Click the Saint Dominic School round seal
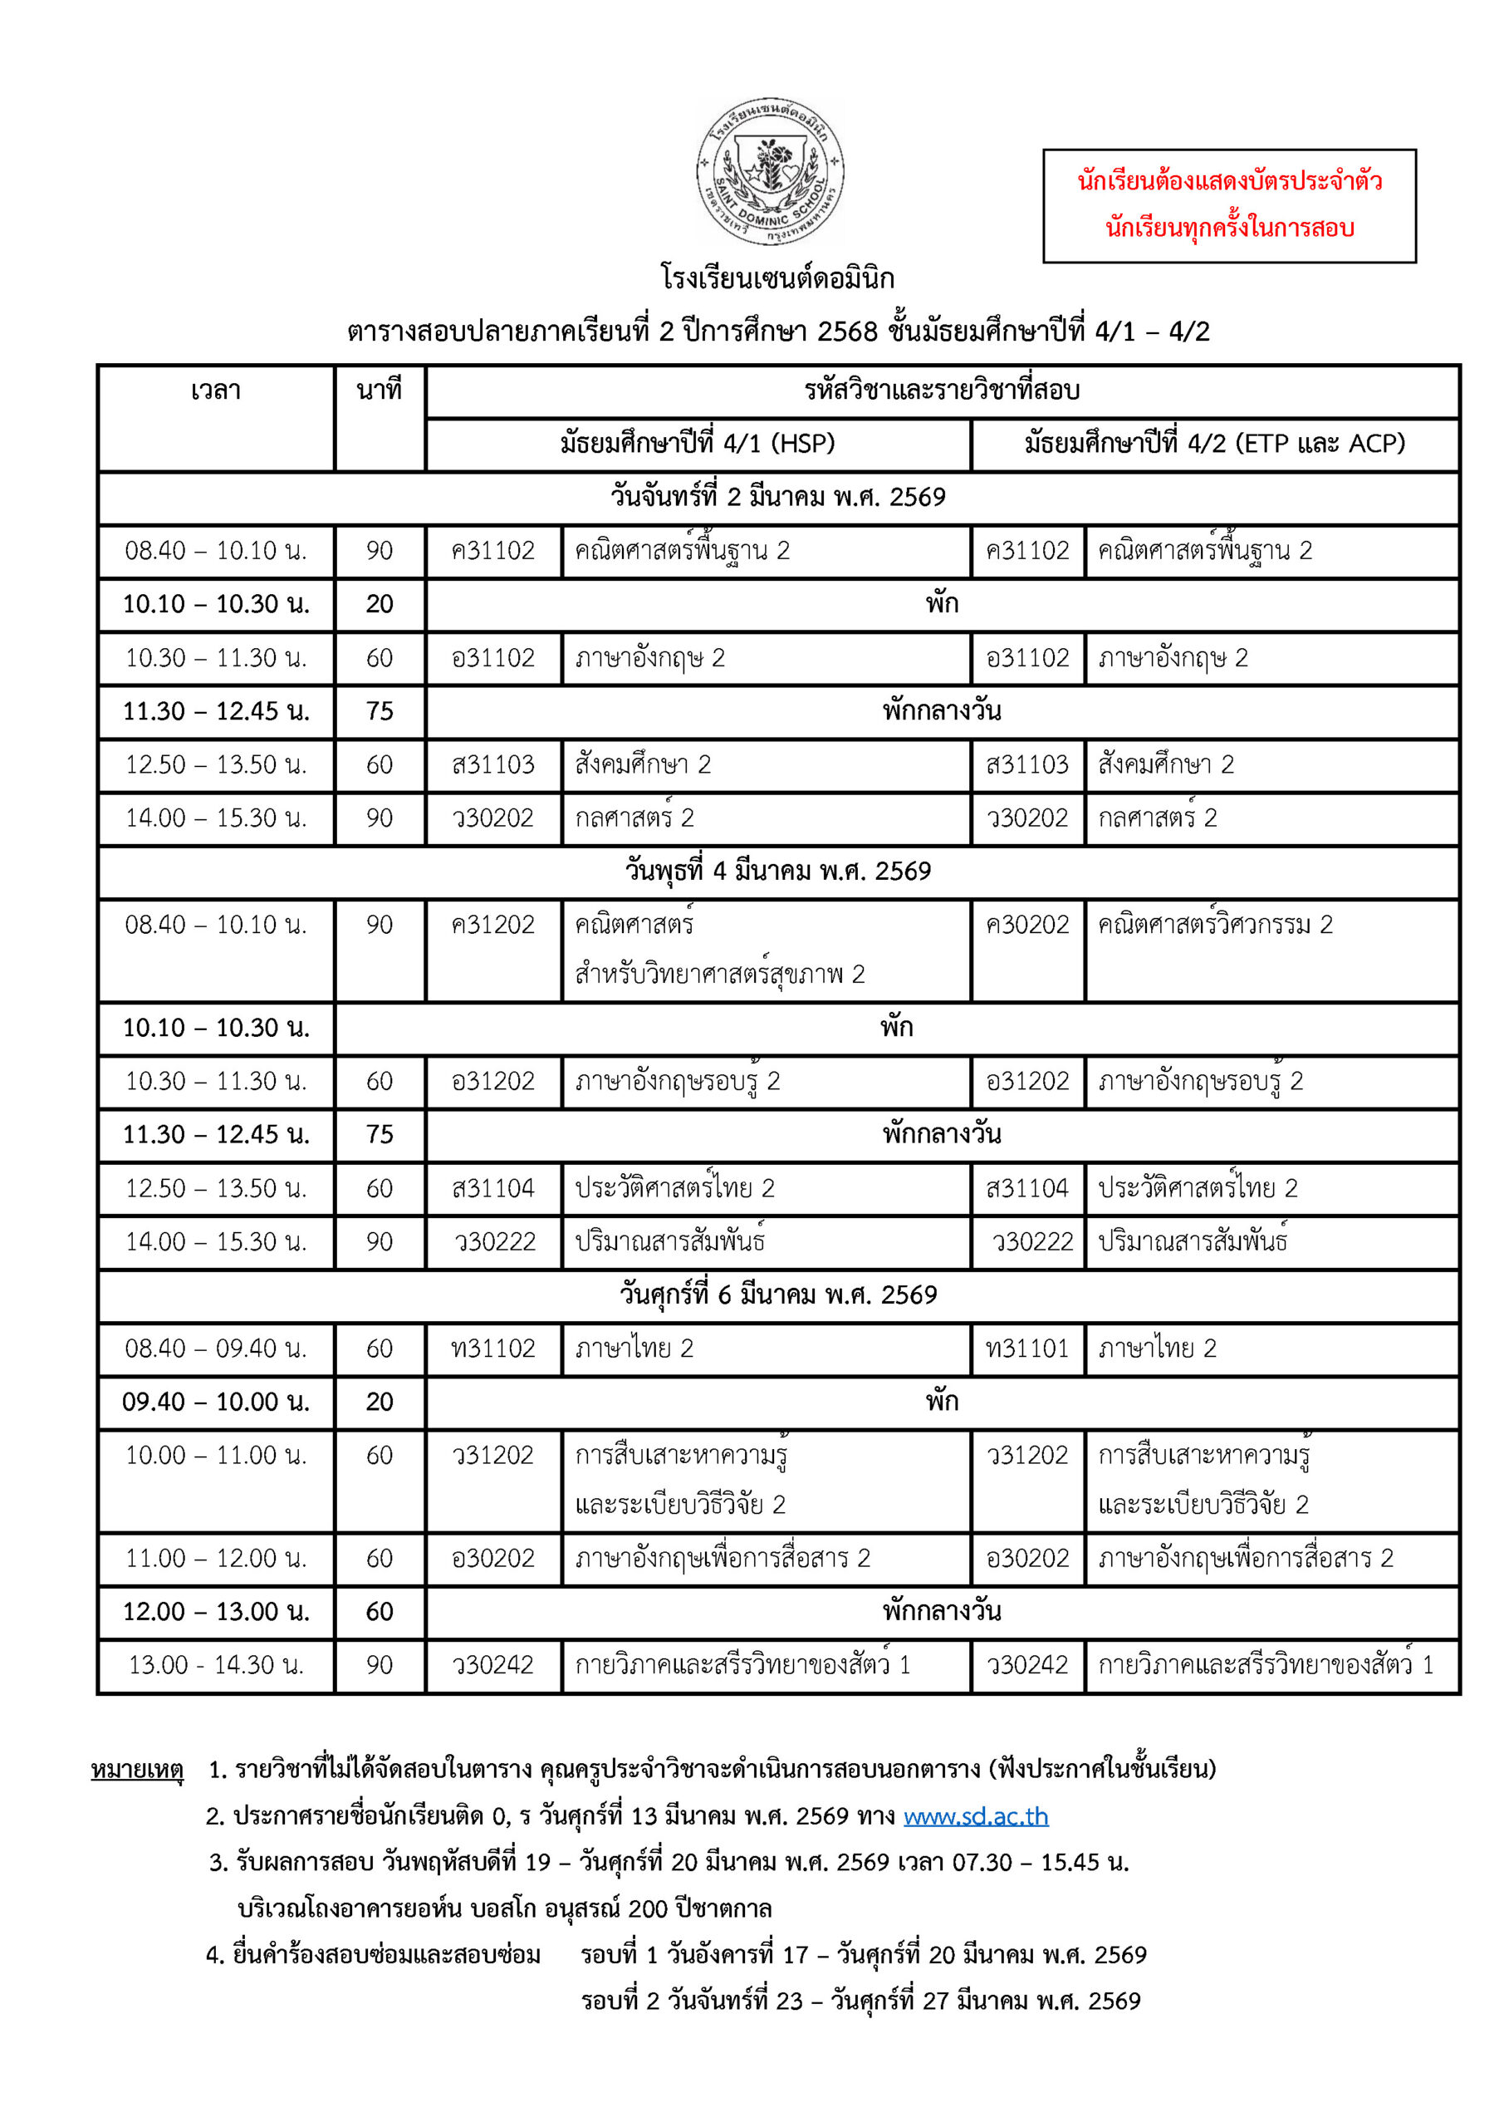(770, 171)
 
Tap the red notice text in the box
(1229, 204)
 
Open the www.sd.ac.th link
(975, 1816)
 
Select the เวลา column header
(216, 391)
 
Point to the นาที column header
(380, 391)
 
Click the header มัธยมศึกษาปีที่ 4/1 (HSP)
(698, 444)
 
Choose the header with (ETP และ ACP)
(1214, 444)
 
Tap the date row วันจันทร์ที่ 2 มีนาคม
(778, 498)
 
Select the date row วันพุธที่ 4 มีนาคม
(778, 871)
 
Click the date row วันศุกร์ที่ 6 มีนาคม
(778, 1294)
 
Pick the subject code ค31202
(492, 925)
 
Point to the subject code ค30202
(1027, 925)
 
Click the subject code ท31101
(1027, 1348)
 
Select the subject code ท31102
(492, 1348)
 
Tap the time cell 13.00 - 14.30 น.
(216, 1665)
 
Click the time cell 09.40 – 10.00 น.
(216, 1402)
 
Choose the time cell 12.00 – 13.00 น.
(216, 1612)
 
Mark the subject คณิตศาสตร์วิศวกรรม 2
(1215, 925)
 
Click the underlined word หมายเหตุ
(137, 1771)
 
